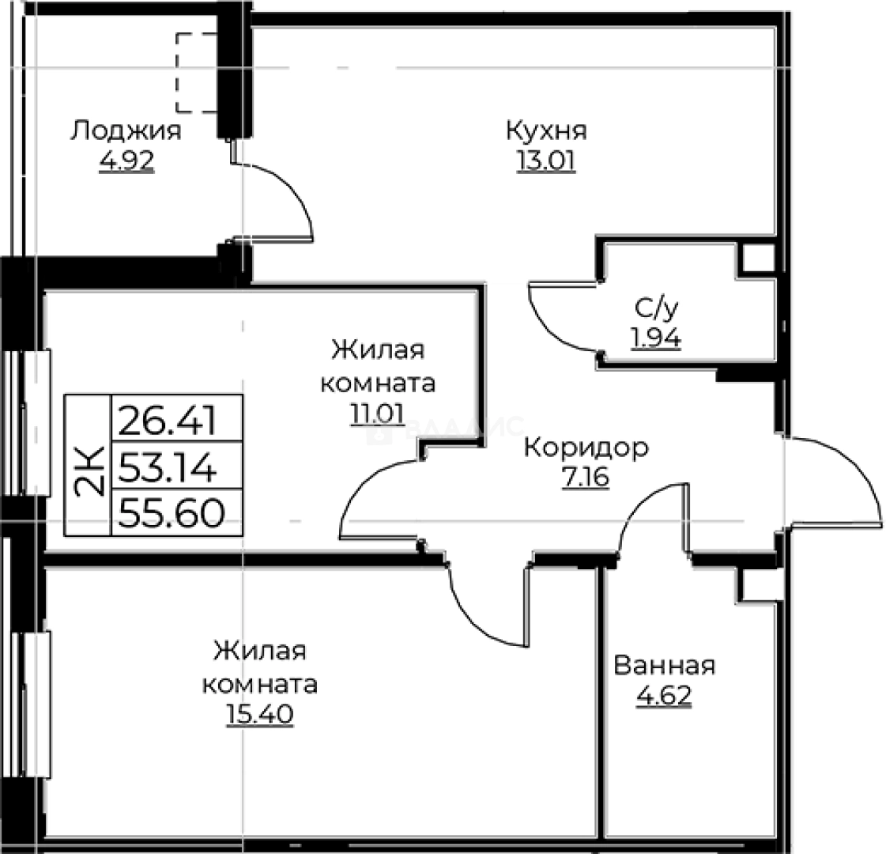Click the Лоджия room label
(126, 130)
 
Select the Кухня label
(546, 130)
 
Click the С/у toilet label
(656, 307)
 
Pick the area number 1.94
(656, 338)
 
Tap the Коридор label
(586, 448)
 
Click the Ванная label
(664, 665)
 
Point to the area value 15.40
(259, 714)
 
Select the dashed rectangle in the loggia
(195, 73)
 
